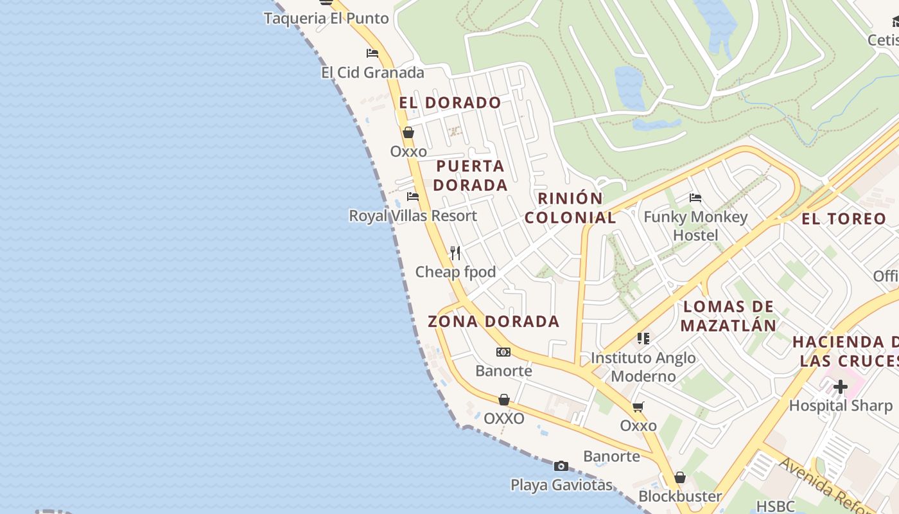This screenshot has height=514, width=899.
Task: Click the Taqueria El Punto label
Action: click(326, 18)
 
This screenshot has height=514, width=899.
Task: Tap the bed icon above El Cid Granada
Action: click(372, 53)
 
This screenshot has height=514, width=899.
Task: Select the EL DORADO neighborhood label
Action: click(449, 103)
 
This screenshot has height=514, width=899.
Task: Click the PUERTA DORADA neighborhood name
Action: click(471, 175)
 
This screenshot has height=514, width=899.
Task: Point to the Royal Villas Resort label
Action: click(413, 216)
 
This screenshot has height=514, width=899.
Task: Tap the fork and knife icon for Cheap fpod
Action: click(455, 253)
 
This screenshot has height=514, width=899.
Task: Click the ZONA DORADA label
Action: click(493, 321)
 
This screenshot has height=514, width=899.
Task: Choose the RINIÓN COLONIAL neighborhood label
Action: click(570, 208)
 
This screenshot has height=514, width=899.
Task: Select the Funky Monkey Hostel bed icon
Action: click(695, 198)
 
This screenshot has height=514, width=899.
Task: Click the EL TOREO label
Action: click(844, 219)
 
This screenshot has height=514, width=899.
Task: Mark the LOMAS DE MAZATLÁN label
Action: click(728, 315)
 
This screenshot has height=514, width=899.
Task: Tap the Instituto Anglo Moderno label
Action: click(643, 367)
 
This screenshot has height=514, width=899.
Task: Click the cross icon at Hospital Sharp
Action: click(840, 387)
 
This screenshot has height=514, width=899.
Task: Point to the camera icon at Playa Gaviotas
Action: click(561, 466)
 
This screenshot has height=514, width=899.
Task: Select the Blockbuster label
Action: click(680, 497)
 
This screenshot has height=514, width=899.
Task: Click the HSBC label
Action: click(775, 506)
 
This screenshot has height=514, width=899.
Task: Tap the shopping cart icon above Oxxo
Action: click(638, 407)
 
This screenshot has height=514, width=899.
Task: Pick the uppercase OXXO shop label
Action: click(504, 419)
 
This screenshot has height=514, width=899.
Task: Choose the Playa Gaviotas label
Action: click(561, 485)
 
